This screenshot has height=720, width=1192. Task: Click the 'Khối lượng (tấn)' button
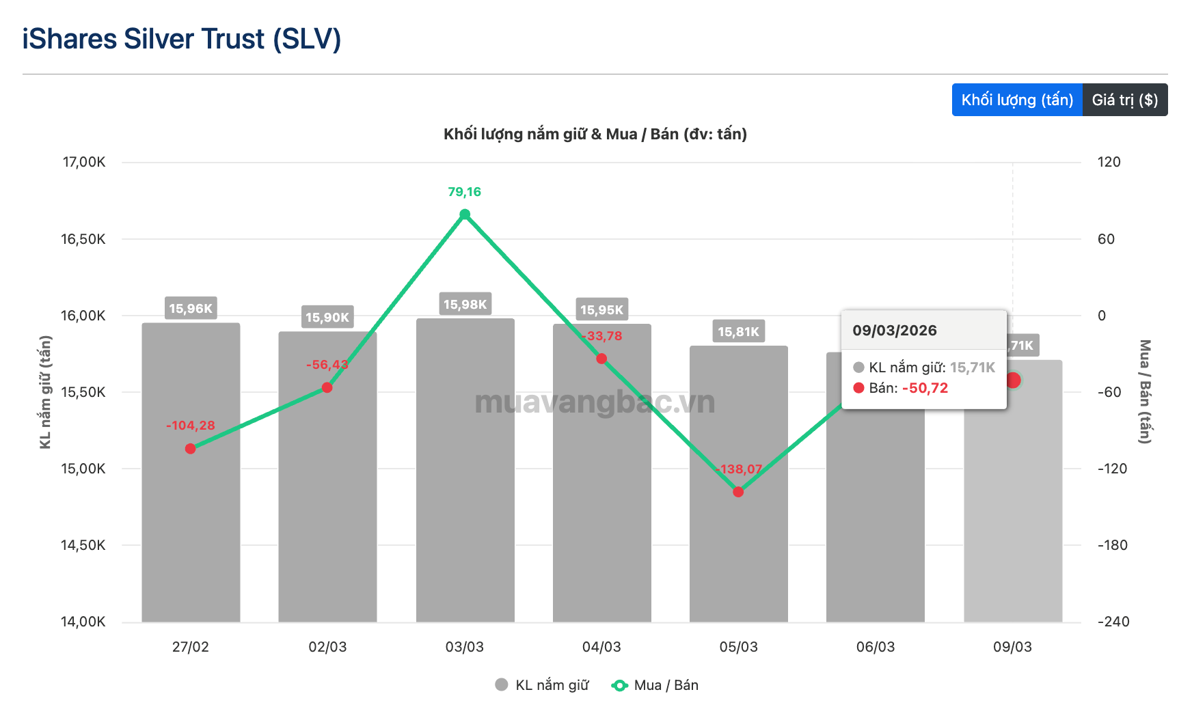[1017, 100]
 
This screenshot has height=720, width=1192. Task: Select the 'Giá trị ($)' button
[1124, 100]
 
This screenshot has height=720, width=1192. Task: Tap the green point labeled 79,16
[465, 214]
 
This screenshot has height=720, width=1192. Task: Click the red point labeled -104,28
[191, 449]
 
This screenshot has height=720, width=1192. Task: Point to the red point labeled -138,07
[738, 492]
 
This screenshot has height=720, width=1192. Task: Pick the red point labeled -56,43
[327, 388]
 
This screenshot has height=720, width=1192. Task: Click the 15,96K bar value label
[191, 309]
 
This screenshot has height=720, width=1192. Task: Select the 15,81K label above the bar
[738, 332]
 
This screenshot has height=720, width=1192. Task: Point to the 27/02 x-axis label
[191, 647]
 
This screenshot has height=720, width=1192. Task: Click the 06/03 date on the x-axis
[876, 647]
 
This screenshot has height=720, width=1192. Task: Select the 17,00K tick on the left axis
[84, 162]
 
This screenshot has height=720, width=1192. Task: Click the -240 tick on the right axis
[1113, 622]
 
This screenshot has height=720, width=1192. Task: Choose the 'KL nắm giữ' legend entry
[542, 685]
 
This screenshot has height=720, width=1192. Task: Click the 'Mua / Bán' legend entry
[655, 685]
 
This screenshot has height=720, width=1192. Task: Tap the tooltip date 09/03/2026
[895, 331]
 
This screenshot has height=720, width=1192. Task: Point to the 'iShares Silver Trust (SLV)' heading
[182, 39]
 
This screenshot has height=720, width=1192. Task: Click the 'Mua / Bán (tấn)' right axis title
[1145, 391]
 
